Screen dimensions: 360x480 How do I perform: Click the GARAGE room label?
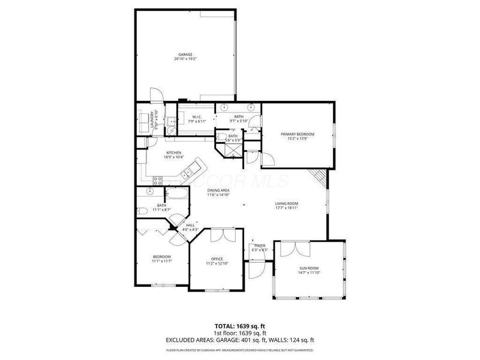tap(185, 55)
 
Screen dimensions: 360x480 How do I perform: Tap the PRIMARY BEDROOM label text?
tap(298, 134)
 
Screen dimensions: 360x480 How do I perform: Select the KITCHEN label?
tap(174, 153)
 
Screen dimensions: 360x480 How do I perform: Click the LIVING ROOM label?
tap(287, 203)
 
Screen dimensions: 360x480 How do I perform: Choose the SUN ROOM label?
tap(309, 268)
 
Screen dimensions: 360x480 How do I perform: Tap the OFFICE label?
tap(217, 259)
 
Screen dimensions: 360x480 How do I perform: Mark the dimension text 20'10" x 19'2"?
tap(185, 59)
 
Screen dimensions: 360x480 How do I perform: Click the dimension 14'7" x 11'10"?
tap(309, 273)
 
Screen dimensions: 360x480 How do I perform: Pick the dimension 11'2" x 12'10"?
tap(217, 264)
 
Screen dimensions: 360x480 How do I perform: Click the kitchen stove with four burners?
tap(159, 179)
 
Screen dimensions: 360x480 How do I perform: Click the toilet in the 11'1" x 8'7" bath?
tap(142, 211)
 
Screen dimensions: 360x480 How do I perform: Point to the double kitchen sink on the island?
tap(187, 173)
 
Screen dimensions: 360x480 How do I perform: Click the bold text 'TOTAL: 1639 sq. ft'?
tap(239, 326)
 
